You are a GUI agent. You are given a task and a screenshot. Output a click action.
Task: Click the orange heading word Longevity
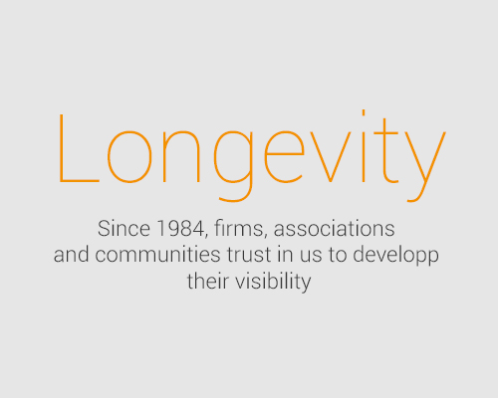pyautogui.click(x=252, y=155)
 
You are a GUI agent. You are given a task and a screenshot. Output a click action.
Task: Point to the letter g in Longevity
pyautogui.click(x=233, y=166)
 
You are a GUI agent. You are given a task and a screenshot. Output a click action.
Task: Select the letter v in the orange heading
pyautogui.click(x=330, y=156)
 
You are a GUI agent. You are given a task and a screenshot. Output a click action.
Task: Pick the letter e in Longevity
pyautogui.click(x=284, y=156)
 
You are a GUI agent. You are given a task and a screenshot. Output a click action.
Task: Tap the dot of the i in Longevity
pyautogui.click(x=364, y=112)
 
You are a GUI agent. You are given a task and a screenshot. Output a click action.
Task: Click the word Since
pyautogui.click(x=124, y=229)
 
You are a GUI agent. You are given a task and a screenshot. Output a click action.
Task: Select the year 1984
pyautogui.click(x=180, y=229)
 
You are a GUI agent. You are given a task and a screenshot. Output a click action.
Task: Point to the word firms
pyautogui.click(x=240, y=229)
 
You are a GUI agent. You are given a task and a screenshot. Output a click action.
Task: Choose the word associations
pyautogui.click(x=334, y=229)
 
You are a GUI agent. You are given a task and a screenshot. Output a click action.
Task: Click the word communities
pyautogui.click(x=157, y=255)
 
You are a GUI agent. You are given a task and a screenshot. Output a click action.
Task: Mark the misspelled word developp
pyautogui.click(x=395, y=256)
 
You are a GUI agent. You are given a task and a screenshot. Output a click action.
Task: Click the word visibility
pyautogui.click(x=273, y=282)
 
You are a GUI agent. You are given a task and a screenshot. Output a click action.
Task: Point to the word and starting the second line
pyautogui.click(x=71, y=255)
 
